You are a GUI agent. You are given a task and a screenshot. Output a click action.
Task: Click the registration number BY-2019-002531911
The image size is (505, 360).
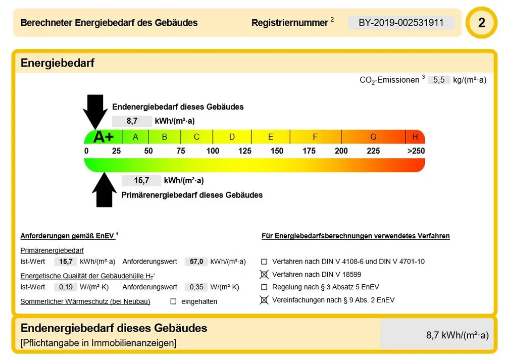pos(401,23)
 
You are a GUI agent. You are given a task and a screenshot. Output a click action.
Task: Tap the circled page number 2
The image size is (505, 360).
pos(481,23)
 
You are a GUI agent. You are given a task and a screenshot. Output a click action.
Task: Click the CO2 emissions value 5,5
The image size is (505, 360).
pos(438,80)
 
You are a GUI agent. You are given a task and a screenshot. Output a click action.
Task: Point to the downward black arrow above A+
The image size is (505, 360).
pos(95,112)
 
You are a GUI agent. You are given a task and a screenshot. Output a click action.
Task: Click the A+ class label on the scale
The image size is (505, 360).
pos(104,137)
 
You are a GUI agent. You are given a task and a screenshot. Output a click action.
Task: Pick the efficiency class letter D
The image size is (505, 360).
pos(232,137)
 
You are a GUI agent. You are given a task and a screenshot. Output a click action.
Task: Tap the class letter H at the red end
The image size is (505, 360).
pos(415,137)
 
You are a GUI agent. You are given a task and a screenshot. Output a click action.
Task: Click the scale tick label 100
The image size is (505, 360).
pos(213,151)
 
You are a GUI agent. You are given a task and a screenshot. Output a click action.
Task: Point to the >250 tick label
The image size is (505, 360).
pos(416,151)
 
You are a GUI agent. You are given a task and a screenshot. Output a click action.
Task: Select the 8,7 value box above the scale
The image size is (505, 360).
pos(132,121)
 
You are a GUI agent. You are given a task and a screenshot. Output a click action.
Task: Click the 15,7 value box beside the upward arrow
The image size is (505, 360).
pos(141,181)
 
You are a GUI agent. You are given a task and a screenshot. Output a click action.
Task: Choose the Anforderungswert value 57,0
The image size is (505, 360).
pos(196,262)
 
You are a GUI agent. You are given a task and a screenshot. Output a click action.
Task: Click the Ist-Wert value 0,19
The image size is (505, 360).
pos(65,287)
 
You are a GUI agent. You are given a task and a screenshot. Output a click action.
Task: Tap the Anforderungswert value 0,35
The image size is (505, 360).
pos(196,287)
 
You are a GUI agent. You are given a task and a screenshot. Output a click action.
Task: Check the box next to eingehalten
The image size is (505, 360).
pos(173,301)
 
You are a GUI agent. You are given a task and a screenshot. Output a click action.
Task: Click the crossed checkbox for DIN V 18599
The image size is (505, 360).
pos(264,275)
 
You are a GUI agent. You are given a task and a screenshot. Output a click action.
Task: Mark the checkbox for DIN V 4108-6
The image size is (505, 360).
pos(264,262)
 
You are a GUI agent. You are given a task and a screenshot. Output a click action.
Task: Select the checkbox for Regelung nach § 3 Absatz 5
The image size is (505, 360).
pos(264,287)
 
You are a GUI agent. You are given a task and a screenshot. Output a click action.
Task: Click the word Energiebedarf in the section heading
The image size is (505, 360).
pos(58,63)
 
